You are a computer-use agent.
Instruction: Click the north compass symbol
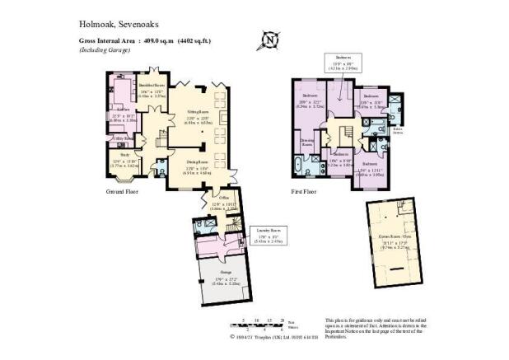click(269, 39)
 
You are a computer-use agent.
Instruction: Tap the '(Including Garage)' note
click(108, 49)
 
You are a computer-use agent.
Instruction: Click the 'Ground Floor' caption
click(121, 191)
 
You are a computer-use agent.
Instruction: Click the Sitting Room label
click(197, 115)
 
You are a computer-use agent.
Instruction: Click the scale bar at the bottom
click(261, 323)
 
